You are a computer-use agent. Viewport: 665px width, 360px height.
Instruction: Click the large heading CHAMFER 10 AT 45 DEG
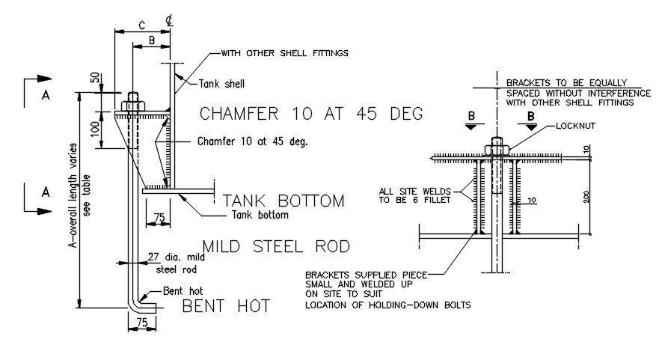[x=311, y=114]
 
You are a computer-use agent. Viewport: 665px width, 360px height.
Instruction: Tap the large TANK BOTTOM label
[x=284, y=201]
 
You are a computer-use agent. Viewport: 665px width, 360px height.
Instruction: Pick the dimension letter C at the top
[x=141, y=24]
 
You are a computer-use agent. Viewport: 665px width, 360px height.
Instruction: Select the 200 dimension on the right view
[x=589, y=196]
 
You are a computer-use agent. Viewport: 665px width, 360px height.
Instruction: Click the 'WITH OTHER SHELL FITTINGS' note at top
[x=284, y=53]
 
